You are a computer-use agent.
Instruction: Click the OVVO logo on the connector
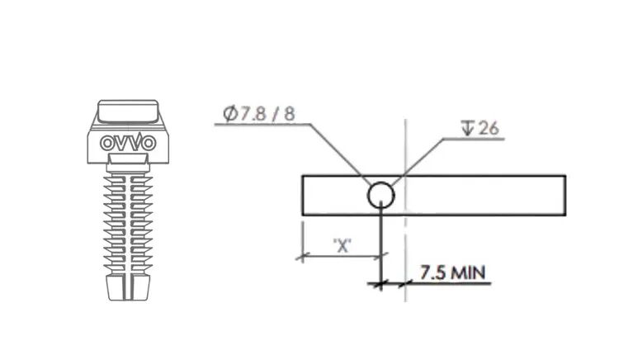point(128,143)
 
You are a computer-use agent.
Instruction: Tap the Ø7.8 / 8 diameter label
point(259,114)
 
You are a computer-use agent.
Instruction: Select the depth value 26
point(489,128)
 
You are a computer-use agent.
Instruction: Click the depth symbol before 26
point(467,128)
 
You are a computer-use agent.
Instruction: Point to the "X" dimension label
point(343,246)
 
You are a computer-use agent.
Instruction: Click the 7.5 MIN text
point(452,272)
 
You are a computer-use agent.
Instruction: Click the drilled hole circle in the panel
point(381,195)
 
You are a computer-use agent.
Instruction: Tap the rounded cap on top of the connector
point(128,111)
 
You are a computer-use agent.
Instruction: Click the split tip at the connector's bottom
point(128,288)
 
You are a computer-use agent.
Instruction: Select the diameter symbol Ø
point(230,114)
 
